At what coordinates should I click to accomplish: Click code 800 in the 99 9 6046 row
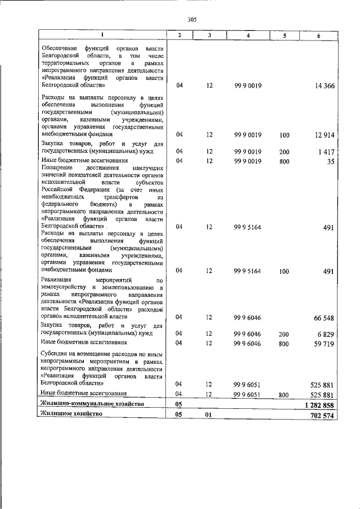pyautogui.click(x=283, y=343)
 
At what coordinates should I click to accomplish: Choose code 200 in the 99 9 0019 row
pyautogui.click(x=283, y=152)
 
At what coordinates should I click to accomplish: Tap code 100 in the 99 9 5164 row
pyautogui.click(x=283, y=271)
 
